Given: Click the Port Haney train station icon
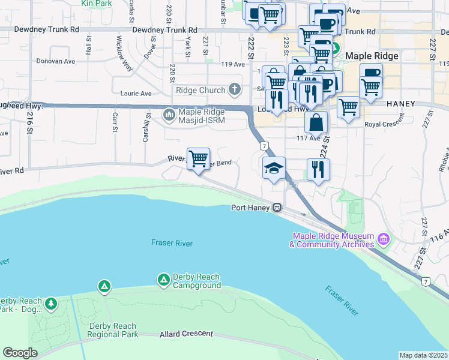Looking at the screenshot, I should (x=277, y=208).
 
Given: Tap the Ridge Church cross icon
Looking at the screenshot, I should (x=234, y=90).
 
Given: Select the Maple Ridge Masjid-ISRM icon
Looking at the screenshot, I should (x=169, y=113).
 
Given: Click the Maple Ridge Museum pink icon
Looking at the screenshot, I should (x=384, y=241).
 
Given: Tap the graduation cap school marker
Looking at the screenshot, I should (x=274, y=168).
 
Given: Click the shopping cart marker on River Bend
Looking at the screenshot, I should (x=198, y=159).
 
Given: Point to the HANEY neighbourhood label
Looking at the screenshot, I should (x=401, y=104).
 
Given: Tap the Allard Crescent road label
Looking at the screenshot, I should (x=186, y=334).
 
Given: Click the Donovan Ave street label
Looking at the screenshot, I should (x=72, y=61).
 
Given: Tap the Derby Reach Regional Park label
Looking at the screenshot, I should (x=113, y=330).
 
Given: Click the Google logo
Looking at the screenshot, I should (x=20, y=352).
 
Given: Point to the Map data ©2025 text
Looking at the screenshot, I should (x=423, y=355).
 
